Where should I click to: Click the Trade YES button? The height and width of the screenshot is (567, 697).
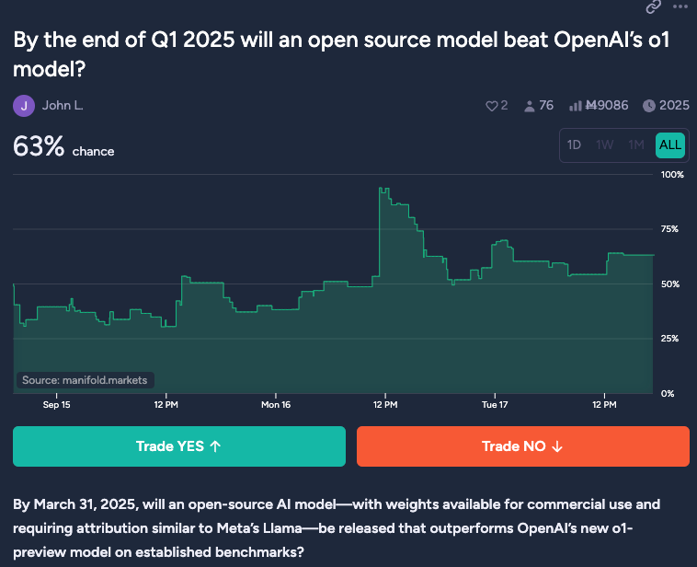(179, 446)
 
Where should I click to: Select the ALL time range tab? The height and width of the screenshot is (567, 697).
(670, 145)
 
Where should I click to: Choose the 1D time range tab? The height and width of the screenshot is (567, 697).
(575, 145)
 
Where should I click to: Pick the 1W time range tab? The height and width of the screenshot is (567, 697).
(605, 145)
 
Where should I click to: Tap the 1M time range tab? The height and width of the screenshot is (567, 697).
(636, 145)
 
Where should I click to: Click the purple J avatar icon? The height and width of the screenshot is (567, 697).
(24, 106)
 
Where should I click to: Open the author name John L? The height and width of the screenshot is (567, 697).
(63, 106)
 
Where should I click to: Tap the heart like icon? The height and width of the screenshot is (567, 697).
(491, 106)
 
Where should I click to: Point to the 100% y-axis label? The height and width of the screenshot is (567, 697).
(672, 174)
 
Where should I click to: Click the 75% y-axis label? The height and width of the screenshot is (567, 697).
(671, 229)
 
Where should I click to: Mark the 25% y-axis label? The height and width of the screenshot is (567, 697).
(671, 339)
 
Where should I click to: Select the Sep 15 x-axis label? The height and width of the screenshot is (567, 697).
(57, 404)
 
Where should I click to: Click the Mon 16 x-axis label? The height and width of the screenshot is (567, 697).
(276, 404)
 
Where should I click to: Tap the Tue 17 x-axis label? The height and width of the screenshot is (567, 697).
(496, 404)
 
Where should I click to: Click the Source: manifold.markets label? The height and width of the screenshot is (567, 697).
(85, 380)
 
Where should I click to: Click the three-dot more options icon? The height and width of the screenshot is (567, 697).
(680, 6)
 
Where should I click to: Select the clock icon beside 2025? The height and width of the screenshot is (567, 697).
(649, 106)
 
